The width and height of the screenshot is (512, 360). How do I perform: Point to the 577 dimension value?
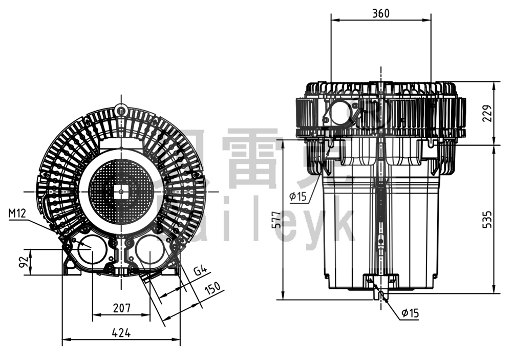[276, 219]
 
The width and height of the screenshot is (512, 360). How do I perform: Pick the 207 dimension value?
[121, 308]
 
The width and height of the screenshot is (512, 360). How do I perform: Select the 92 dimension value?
[23, 262]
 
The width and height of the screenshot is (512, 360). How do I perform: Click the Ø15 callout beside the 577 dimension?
[297, 196]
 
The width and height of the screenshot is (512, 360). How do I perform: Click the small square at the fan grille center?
[121, 192]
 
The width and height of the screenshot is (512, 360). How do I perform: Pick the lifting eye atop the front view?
[121, 109]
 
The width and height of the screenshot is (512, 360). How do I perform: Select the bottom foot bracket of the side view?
[380, 281]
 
